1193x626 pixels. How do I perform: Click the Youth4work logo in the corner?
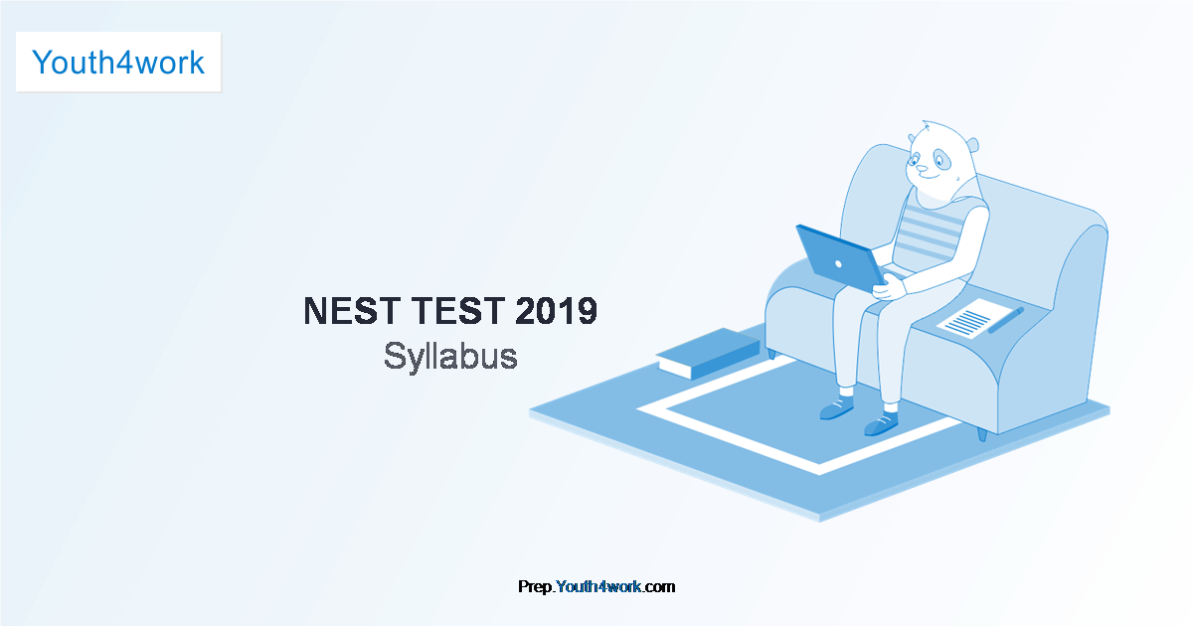(118, 62)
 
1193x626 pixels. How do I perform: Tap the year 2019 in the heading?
(557, 312)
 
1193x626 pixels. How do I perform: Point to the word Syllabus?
(450, 357)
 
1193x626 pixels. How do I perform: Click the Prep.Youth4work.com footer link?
(596, 586)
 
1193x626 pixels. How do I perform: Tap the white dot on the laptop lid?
(838, 264)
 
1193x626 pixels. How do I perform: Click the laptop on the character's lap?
(840, 260)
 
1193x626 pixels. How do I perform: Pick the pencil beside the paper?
(1005, 320)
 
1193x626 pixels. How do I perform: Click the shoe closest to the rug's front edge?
(881, 425)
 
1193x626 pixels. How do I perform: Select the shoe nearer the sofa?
(835, 406)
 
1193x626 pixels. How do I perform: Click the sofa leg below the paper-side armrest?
(982, 434)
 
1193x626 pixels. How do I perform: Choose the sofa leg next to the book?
(771, 353)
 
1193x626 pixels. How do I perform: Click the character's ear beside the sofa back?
(972, 145)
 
